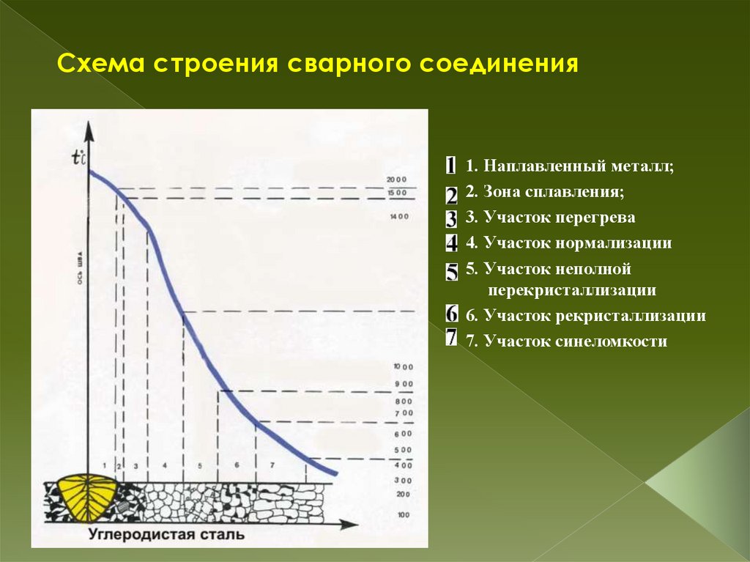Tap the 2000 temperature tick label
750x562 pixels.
tap(396, 180)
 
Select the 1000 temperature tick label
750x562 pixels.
tap(403, 366)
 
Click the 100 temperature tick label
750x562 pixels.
tap(404, 515)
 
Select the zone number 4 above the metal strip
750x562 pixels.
tap(165, 465)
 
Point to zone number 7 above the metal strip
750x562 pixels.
tap(272, 465)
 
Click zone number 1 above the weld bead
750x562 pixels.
tap(105, 465)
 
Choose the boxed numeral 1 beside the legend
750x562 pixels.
tap(451, 166)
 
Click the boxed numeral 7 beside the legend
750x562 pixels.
tap(451, 339)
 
